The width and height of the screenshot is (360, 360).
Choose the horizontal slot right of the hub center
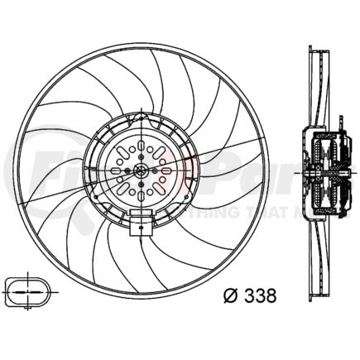click(166, 170)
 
